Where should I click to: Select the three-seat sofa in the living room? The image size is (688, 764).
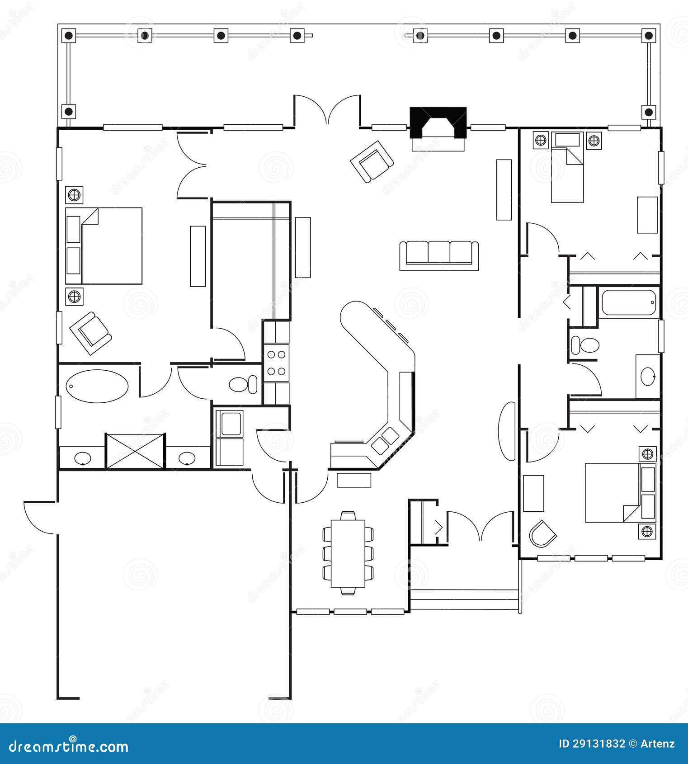click(438, 255)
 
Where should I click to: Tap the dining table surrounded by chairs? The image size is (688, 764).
click(348, 553)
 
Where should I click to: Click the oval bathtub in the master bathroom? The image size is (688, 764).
click(97, 386)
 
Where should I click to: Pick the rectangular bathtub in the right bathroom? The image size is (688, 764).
click(628, 302)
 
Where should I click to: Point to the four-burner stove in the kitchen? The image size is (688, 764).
click(276, 363)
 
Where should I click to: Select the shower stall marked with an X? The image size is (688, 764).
click(135, 451)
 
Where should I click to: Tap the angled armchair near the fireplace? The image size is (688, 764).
click(372, 161)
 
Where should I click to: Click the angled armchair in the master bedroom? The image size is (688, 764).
click(91, 333)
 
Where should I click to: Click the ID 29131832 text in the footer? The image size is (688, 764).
click(592, 743)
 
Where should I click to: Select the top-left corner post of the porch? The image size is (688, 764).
click(69, 35)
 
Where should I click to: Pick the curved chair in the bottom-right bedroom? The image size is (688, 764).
click(542, 534)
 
